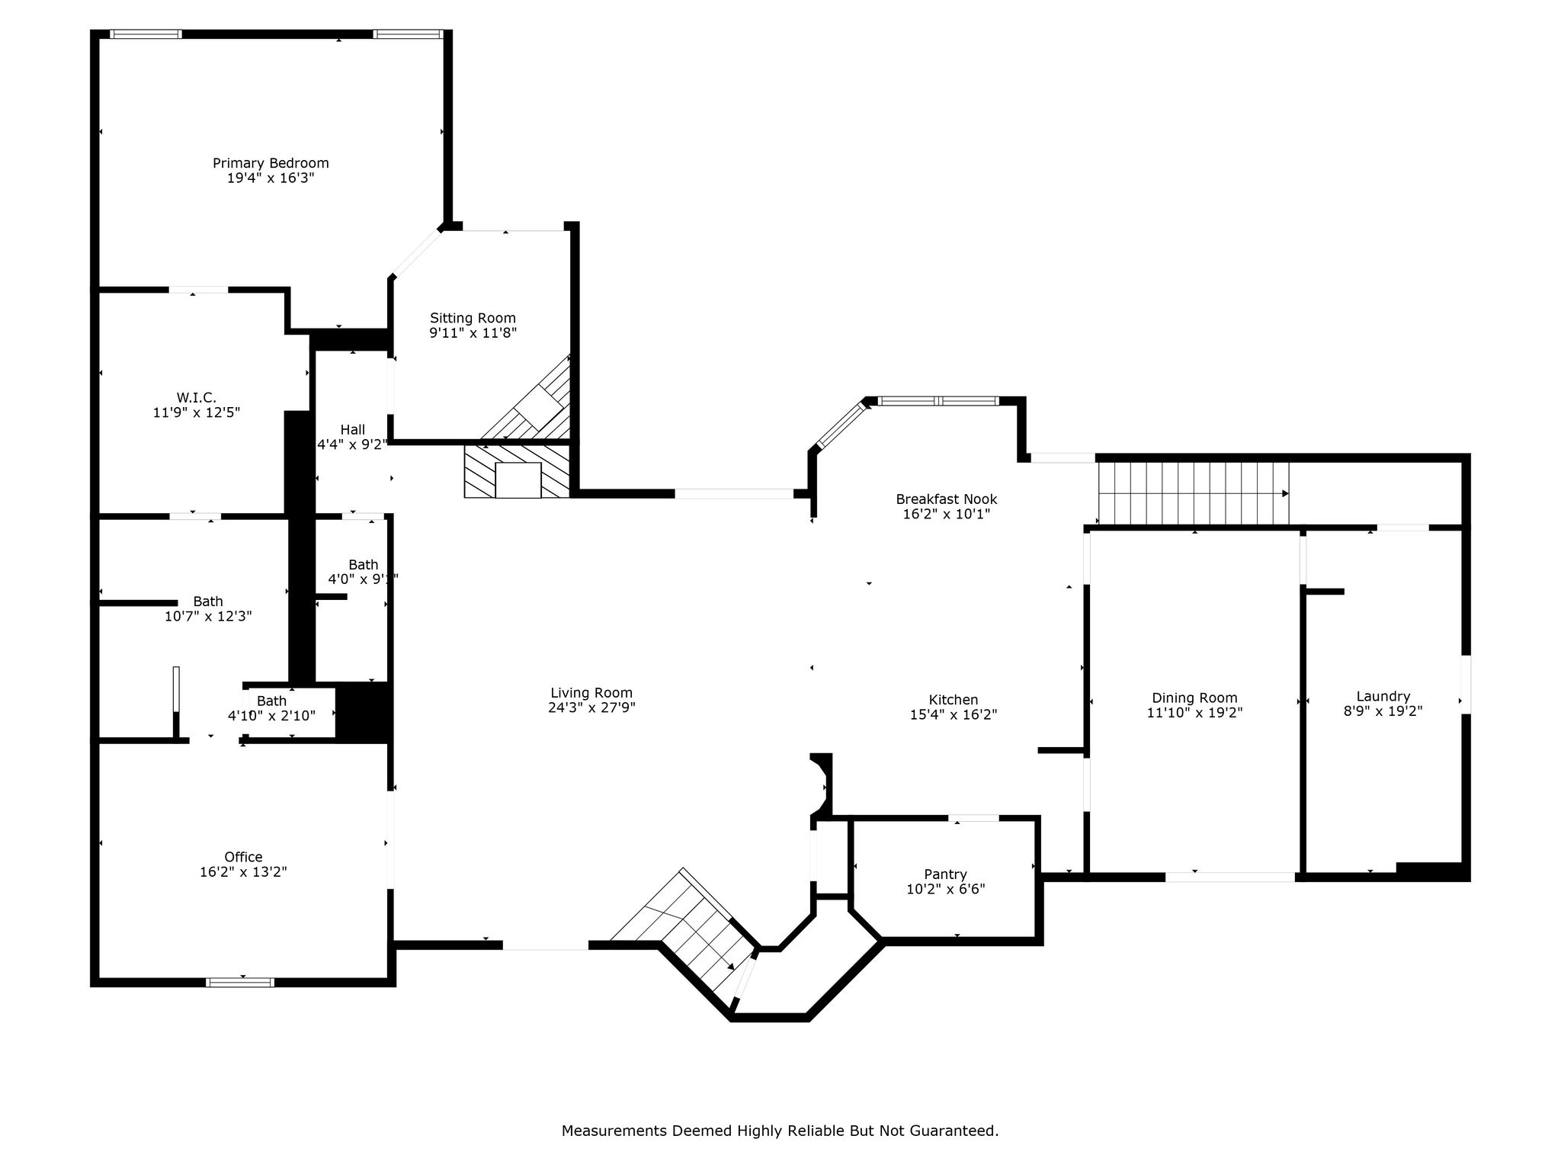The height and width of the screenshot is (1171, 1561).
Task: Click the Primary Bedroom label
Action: point(271,163)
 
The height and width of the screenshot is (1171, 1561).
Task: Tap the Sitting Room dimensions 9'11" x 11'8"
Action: point(473,333)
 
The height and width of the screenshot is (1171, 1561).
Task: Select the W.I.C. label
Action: point(197,398)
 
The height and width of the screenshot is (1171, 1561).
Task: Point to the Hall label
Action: point(353,430)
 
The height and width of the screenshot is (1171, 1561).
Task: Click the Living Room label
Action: point(591,693)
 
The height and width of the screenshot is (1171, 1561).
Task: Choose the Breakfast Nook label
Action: point(947,499)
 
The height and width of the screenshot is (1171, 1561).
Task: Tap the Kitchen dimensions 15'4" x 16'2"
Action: point(954,715)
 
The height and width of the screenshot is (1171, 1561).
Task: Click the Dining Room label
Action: point(1194,698)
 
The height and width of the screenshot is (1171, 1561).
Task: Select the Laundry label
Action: point(1383,697)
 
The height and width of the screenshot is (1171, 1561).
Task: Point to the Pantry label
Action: point(946,874)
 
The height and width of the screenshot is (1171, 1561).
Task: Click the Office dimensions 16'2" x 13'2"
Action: point(243,872)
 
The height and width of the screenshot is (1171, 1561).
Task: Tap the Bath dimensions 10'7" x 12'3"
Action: point(208,616)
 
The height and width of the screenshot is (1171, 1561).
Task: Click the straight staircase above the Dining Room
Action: point(1193,493)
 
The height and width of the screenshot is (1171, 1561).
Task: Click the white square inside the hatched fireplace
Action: point(518,480)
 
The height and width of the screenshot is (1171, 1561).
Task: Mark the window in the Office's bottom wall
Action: point(240,982)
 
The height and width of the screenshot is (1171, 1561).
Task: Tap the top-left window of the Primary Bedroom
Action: point(146,34)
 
